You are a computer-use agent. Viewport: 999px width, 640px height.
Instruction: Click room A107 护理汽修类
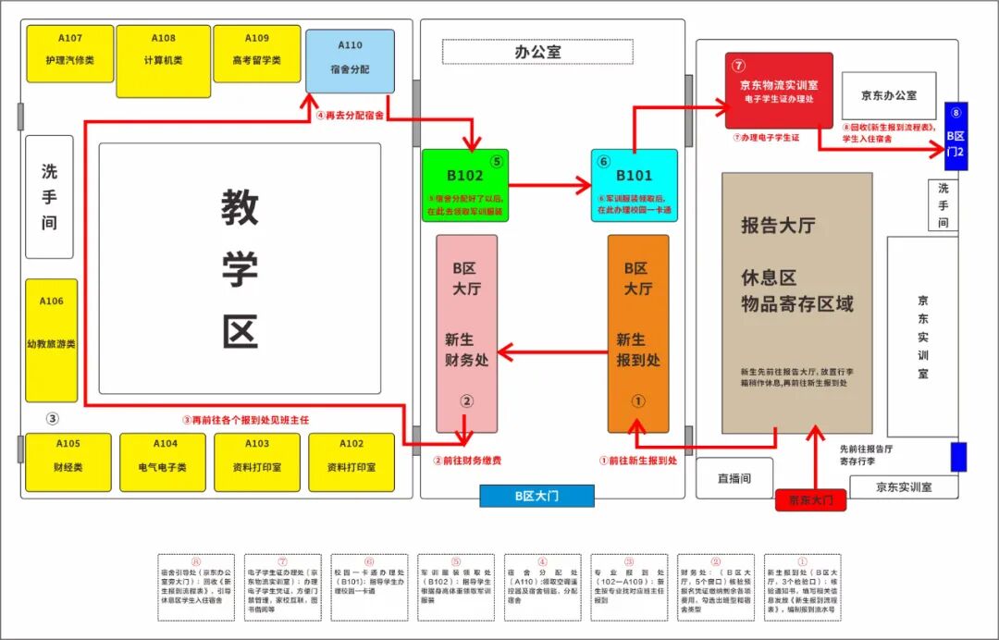[70, 53]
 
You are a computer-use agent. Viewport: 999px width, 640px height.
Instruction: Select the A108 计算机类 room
[164, 53]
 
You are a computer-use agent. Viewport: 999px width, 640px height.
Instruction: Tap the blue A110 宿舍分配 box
[350, 61]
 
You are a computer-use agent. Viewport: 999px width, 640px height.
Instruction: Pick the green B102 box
[465, 185]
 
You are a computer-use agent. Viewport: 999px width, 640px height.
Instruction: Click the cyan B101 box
[635, 185]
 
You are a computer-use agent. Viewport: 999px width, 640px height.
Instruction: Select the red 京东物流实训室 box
[778, 90]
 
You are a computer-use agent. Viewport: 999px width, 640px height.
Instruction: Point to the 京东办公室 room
[889, 95]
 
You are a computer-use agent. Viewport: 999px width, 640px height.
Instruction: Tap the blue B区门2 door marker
[956, 136]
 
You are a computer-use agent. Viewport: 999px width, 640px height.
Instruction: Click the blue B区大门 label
[536, 496]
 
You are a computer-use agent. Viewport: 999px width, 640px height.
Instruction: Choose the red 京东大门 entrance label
[810, 500]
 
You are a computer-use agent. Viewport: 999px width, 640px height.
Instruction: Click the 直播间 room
[734, 478]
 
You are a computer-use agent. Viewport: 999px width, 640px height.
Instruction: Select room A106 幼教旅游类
[52, 340]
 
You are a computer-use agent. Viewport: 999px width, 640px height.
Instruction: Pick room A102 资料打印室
[351, 462]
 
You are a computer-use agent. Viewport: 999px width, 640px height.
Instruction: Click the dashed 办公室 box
[537, 52]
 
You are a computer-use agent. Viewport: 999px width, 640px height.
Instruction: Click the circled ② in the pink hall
[467, 401]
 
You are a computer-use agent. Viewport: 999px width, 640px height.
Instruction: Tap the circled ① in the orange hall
[637, 401]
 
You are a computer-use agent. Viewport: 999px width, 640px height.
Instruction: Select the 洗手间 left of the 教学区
[49, 197]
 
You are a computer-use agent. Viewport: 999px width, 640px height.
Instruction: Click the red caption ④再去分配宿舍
[350, 117]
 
